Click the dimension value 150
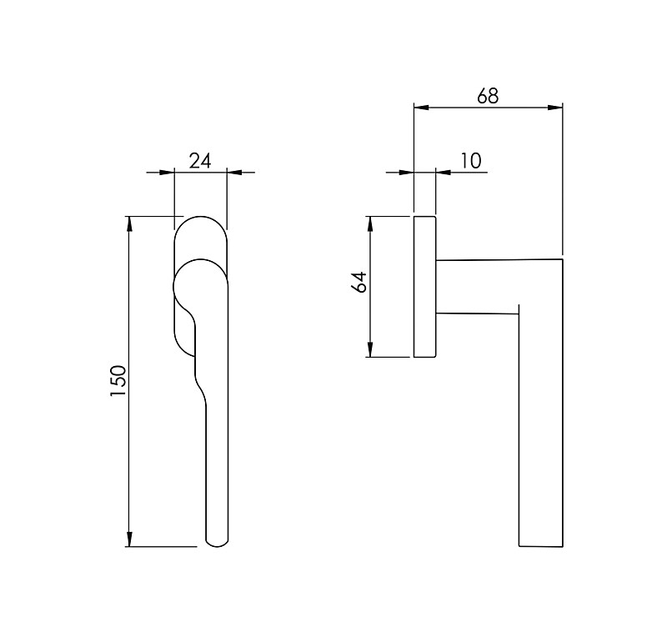pos(118,381)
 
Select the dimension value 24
pos(200,162)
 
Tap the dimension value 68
pos(488,96)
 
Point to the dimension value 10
pos(470,161)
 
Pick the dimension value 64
pos(359,282)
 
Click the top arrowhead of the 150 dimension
pos(129,223)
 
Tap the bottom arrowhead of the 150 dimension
pos(129,539)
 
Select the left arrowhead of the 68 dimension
pos(422,108)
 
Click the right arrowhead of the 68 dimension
pos(555,108)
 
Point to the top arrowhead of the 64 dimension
pos(370,223)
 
